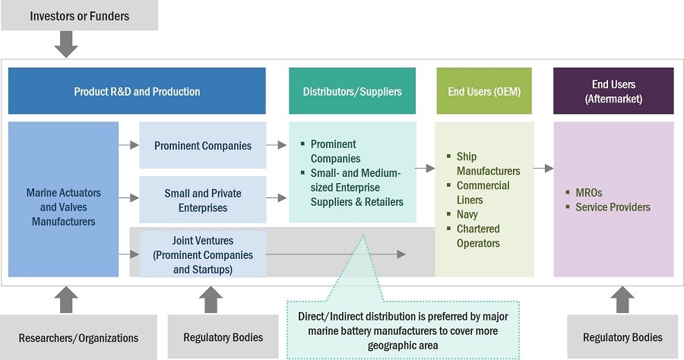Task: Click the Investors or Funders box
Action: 79,15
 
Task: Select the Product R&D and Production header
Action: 137,91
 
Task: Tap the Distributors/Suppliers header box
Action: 352,91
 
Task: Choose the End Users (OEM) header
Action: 485,91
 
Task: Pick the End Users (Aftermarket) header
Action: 613,91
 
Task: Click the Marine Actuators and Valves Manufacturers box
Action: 63,207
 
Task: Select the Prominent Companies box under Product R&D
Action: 202,145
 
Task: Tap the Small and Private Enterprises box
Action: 202,201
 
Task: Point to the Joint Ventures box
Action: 202,254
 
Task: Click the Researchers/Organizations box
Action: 79,337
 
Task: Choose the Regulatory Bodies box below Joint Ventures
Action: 223,337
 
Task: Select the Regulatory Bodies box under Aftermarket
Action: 622,337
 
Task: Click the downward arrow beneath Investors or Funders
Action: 67,44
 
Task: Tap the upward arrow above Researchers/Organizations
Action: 67,299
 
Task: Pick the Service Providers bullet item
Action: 613,207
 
